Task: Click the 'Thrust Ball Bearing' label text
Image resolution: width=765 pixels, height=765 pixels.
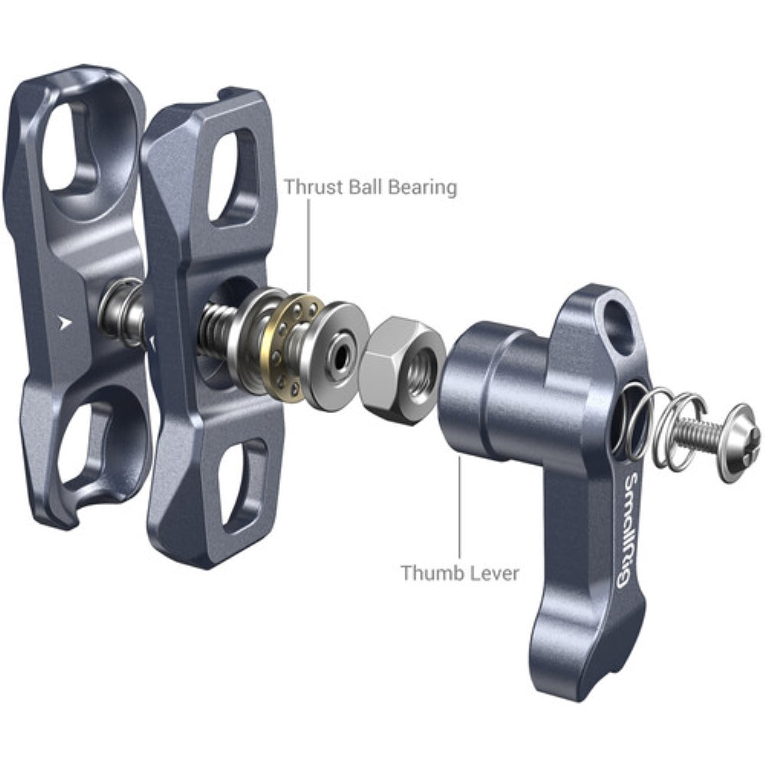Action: click(x=370, y=187)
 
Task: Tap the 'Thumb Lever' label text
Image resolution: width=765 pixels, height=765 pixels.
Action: click(x=459, y=571)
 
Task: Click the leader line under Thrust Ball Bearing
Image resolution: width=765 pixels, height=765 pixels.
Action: click(x=309, y=245)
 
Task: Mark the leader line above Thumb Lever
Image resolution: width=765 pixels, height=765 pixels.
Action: click(x=460, y=505)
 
